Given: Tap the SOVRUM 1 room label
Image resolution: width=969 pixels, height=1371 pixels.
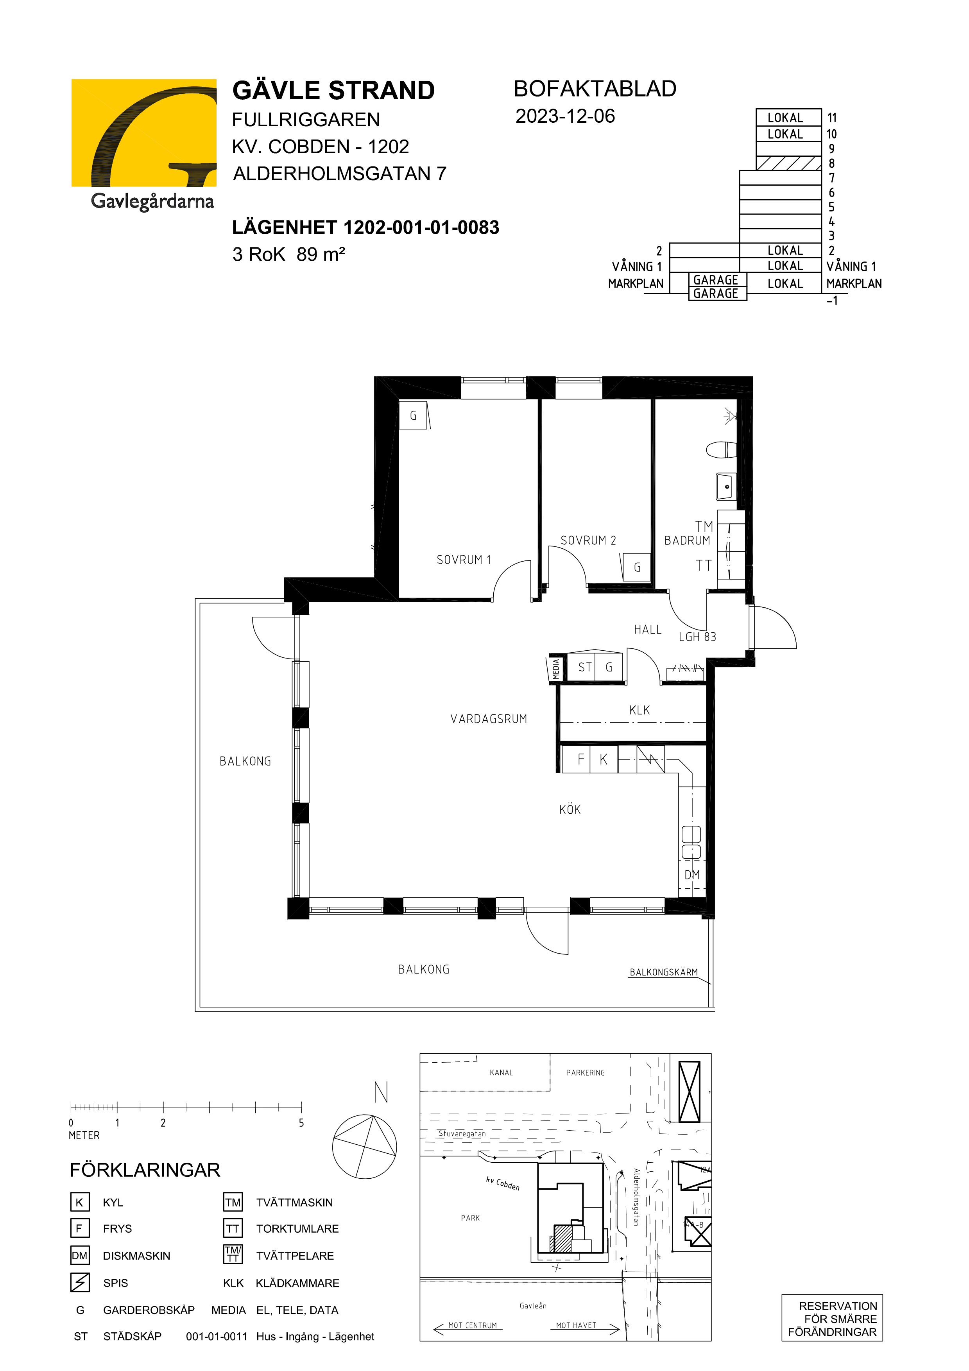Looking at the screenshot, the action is [x=464, y=560].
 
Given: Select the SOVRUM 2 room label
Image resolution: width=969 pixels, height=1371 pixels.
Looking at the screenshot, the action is [x=588, y=541].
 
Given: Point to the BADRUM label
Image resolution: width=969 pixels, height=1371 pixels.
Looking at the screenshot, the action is [x=687, y=541].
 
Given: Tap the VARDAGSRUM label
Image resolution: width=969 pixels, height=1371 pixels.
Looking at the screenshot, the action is [x=489, y=719].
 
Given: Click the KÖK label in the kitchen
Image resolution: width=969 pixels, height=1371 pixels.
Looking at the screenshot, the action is [x=570, y=810].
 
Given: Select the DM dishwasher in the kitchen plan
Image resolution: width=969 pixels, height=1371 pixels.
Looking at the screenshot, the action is [x=692, y=875].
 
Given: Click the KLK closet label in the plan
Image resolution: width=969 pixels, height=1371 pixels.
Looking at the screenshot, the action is [x=639, y=710].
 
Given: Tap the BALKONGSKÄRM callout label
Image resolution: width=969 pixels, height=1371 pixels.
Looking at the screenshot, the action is [x=664, y=972].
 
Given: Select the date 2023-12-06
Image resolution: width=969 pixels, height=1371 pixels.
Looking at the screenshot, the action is [x=565, y=116].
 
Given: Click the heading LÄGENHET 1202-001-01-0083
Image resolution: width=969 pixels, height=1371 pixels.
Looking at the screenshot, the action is [x=365, y=227].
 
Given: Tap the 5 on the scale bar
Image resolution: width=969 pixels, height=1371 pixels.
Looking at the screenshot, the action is [x=301, y=1122].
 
